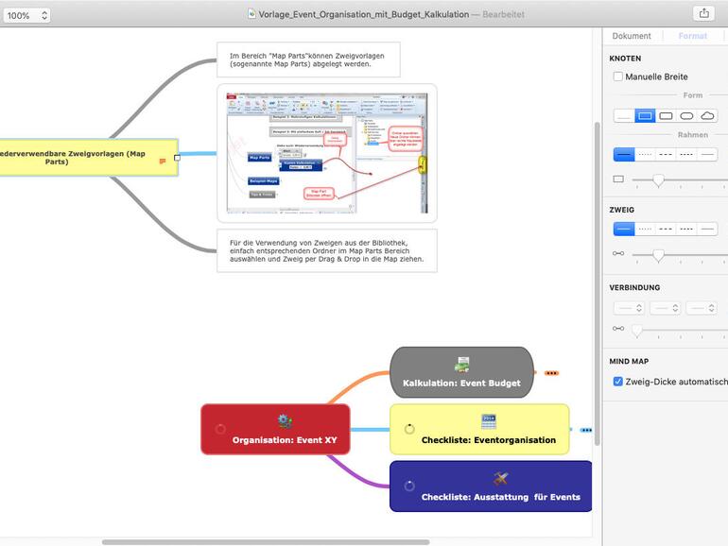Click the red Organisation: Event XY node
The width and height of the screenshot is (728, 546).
tap(275, 430)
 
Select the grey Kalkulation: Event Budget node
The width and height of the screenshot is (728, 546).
tap(461, 372)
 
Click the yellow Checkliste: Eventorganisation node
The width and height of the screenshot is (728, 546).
tap(479, 430)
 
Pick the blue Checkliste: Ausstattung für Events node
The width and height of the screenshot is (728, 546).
tap(491, 486)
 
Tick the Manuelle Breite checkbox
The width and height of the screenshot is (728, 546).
tap(618, 77)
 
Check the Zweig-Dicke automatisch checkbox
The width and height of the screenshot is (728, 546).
tap(618, 382)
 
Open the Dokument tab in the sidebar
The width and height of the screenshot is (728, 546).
tap(632, 36)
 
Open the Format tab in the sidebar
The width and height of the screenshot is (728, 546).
tap(692, 36)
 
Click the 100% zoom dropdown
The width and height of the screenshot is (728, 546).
tap(26, 15)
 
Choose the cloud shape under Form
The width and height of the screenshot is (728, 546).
tap(707, 115)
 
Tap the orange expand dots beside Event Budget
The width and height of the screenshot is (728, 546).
tap(551, 373)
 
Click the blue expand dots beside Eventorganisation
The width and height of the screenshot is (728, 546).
tap(586, 430)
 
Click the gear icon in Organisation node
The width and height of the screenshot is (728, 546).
tap(285, 420)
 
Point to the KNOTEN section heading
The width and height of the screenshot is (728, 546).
tap(626, 59)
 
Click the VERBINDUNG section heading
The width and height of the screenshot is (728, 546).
tap(635, 287)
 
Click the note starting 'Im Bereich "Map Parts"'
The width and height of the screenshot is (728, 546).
tap(307, 60)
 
